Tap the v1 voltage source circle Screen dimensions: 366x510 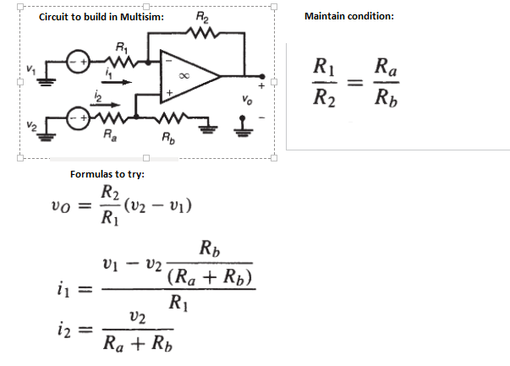79,62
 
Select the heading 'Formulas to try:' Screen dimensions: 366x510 107,174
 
